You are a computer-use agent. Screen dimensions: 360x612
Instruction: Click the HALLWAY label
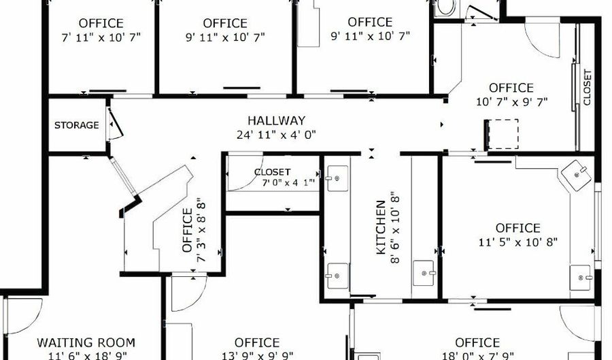[x=276, y=120]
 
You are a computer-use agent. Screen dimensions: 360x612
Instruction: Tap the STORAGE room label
[x=77, y=125]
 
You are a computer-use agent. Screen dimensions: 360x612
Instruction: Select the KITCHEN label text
[x=381, y=227]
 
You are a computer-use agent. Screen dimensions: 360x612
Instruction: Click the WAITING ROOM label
[x=86, y=342]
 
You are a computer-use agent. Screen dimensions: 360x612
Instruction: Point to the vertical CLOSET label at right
[x=588, y=88]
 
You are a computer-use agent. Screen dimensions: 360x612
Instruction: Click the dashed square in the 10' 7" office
[x=501, y=133]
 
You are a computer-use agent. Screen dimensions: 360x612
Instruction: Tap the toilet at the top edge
[x=446, y=7]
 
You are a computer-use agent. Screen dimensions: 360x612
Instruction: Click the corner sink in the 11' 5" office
[x=579, y=174]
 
